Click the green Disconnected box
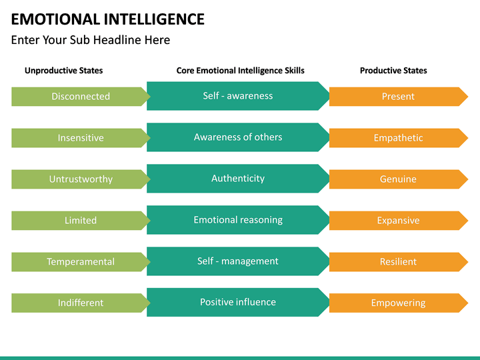tap(81, 97)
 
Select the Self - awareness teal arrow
tap(238, 96)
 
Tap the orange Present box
tap(398, 97)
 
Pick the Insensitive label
tap(81, 138)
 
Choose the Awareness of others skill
tap(238, 137)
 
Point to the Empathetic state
tap(398, 138)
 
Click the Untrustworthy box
tap(81, 179)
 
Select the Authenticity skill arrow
tap(238, 179)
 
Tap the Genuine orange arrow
tap(398, 179)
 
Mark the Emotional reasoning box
tap(238, 220)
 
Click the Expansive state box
tap(398, 221)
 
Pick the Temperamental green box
tap(81, 262)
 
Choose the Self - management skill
tap(238, 261)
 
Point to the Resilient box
tap(398, 262)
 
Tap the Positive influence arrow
tap(238, 302)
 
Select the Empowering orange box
tap(398, 303)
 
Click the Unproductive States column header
tap(64, 71)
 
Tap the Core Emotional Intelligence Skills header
tap(240, 71)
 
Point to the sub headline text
tap(91, 40)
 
